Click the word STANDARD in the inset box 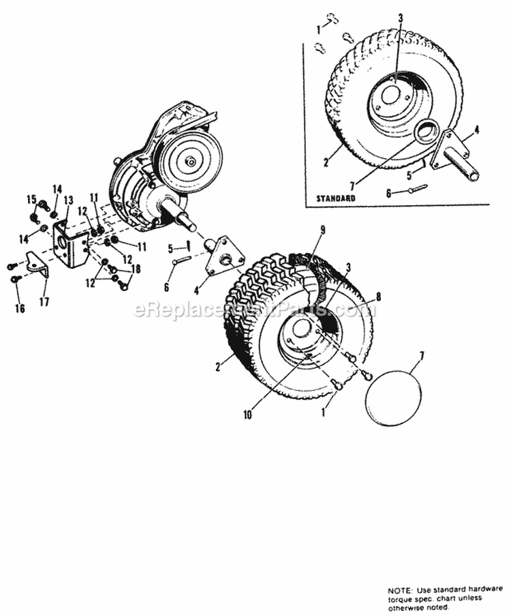click(336, 198)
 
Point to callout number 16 click(20, 308)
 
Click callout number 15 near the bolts click(31, 198)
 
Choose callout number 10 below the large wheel click(247, 414)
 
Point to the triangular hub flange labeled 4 click(224, 256)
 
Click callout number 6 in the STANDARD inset click(390, 194)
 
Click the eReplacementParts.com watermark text click(253, 311)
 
